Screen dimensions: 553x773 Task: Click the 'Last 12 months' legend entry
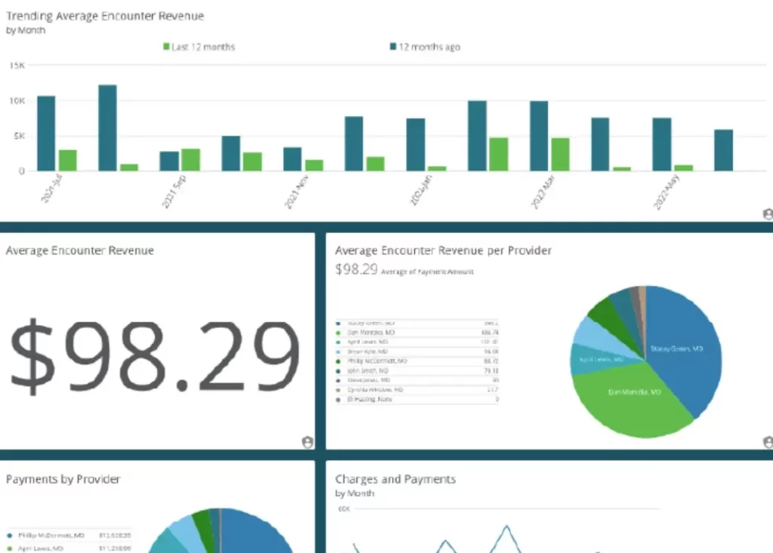(x=199, y=47)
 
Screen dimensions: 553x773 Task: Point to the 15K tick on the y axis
(x=17, y=66)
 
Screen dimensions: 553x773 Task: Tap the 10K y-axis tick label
(x=17, y=101)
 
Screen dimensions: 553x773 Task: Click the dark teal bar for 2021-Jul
(x=47, y=134)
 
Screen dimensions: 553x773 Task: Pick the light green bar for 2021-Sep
(x=191, y=159)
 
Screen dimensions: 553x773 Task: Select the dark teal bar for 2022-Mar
(x=539, y=136)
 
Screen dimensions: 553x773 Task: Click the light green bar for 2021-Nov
(x=314, y=164)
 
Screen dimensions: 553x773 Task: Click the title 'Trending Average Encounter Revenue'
(x=105, y=16)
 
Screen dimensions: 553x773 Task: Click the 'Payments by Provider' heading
(x=63, y=479)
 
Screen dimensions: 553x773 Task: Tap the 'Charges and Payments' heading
(x=395, y=479)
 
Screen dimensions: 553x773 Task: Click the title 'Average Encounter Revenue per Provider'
(x=443, y=250)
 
